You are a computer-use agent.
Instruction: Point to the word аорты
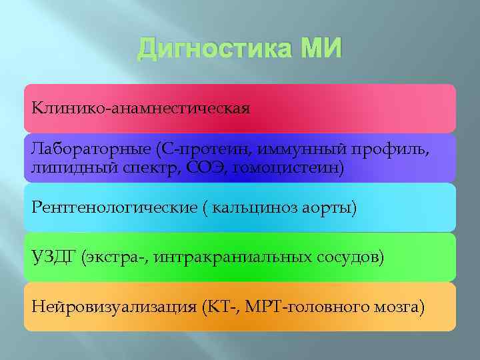click(331, 208)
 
